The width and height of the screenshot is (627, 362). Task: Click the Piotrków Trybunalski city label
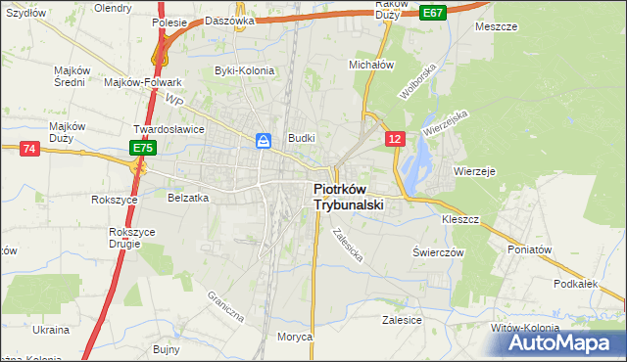coord(348,198)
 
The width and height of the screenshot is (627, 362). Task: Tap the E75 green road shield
coord(143,148)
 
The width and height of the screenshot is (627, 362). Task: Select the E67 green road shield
coord(434,12)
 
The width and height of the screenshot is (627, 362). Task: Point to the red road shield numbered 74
coord(29,148)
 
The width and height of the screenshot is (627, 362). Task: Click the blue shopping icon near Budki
coord(264,141)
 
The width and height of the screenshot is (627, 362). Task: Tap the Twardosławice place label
coord(169,128)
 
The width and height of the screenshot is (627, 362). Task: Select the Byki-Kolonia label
coord(245,70)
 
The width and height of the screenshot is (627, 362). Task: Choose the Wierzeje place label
coord(476,170)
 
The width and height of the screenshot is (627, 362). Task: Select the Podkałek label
coord(575,283)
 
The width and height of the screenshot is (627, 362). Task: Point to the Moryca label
coord(294,337)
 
